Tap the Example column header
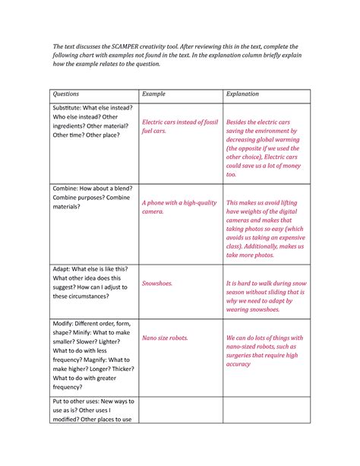coord(155,94)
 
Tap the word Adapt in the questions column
coord(64,268)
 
